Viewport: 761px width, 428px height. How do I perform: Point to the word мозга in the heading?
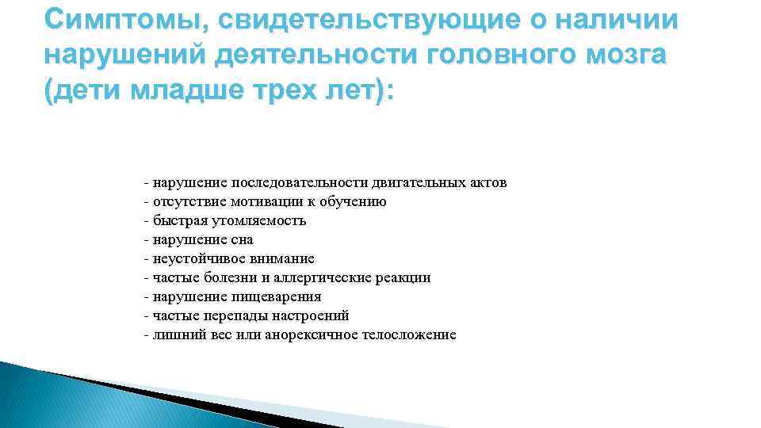tap(626, 56)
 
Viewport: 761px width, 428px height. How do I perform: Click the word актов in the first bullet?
tap(490, 183)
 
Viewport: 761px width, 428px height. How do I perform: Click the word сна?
tap(243, 240)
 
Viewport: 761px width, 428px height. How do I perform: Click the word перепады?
tap(220, 316)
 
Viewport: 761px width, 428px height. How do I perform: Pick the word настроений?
tap(300, 316)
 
